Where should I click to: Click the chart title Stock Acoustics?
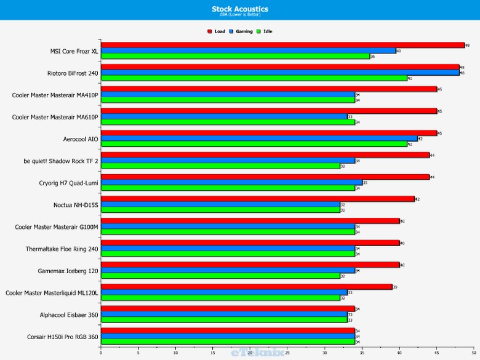pyautogui.click(x=240, y=9)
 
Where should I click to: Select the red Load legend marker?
pyautogui.click(x=210, y=31)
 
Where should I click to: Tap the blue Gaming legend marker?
pyautogui.click(x=231, y=31)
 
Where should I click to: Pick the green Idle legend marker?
pyautogui.click(x=259, y=31)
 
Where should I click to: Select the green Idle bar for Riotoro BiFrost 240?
pyautogui.click(x=254, y=78)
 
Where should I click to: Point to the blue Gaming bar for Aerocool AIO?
pyautogui.click(x=258, y=138)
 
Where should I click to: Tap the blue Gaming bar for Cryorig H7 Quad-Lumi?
pyautogui.click(x=231, y=183)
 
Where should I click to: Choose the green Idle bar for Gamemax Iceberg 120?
pyautogui.click(x=220, y=276)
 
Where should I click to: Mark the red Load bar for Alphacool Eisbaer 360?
pyautogui.click(x=227, y=309)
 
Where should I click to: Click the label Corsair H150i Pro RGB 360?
pyautogui.click(x=60, y=337)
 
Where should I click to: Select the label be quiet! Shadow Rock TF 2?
pyautogui.click(x=61, y=161)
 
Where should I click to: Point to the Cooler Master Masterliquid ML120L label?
pyautogui.click(x=52, y=293)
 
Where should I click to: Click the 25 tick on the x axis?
pyautogui.click(x=287, y=353)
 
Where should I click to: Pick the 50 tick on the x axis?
pyautogui.click(x=474, y=353)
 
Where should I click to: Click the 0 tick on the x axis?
pyautogui.click(x=101, y=353)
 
